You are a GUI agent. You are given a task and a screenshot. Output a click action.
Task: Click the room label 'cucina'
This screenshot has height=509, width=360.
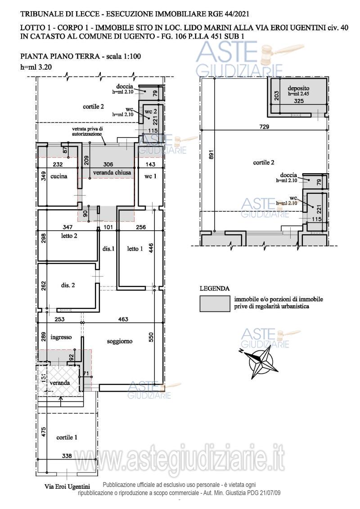59,176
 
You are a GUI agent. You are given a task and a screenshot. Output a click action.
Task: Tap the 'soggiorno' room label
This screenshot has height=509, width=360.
120,341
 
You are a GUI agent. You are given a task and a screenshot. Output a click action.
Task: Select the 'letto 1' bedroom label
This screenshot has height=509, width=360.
135,249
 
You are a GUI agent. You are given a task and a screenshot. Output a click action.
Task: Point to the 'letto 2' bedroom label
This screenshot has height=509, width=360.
69,236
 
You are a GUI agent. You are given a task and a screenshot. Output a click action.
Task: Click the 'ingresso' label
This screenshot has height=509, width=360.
61,337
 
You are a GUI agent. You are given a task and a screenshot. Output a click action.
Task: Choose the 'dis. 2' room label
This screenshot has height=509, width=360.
68,285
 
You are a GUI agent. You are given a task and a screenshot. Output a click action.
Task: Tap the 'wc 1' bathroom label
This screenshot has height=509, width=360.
150,176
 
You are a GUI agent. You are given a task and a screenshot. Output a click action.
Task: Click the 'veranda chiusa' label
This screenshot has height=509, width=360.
112,173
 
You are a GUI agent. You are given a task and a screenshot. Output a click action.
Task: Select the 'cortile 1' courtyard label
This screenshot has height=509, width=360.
67,437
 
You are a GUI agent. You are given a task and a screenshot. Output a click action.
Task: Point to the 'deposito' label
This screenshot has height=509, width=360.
298,88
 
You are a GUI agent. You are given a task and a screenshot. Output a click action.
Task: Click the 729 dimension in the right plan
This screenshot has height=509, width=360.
265,127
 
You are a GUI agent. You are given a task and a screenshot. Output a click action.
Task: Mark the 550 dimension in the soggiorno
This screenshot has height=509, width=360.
150,338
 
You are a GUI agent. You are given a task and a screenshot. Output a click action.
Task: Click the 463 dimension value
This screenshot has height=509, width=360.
123,319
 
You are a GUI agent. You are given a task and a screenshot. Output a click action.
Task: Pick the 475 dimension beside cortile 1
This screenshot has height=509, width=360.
44,432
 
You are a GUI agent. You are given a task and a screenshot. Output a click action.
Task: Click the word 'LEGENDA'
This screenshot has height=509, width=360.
215,288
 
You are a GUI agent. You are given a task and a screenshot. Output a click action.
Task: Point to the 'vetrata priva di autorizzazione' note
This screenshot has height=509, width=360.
87,131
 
